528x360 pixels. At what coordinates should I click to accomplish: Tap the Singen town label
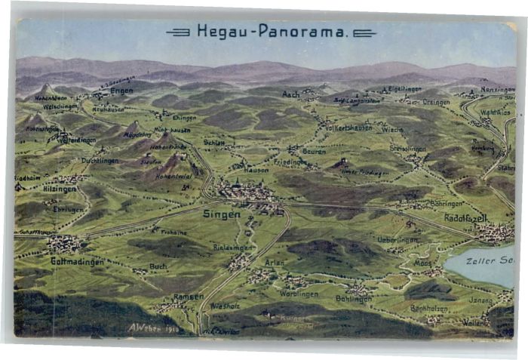tap(222, 214)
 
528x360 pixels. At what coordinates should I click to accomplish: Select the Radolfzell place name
tap(465, 218)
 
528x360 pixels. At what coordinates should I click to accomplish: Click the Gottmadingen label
tap(77, 261)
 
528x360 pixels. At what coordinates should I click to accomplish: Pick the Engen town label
tap(121, 91)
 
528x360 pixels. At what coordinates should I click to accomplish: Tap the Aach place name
tap(290, 94)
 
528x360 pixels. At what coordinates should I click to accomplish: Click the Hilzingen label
tap(59, 189)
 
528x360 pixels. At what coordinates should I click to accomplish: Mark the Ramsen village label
tap(188, 297)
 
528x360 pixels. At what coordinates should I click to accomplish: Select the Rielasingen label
tap(233, 247)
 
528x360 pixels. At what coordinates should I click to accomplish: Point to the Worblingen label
tap(299, 294)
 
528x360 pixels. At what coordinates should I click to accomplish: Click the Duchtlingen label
tap(100, 161)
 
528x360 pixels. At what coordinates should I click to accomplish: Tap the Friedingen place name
tap(290, 162)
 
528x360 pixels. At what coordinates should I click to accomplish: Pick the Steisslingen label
tap(407, 149)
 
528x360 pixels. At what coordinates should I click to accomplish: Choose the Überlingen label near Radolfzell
tap(398, 239)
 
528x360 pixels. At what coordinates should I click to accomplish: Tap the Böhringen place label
tap(446, 203)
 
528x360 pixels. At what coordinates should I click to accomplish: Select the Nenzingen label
tap(498, 89)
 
